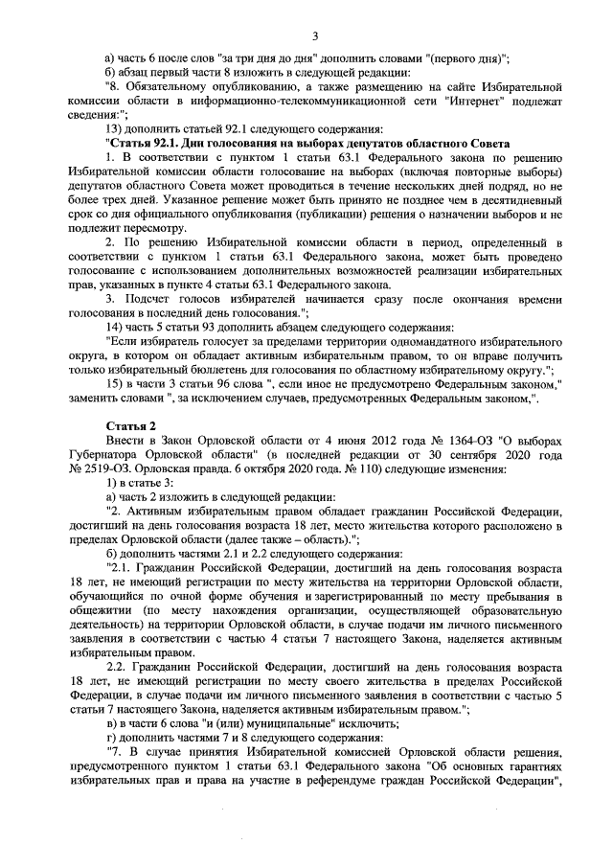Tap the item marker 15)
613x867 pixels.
click(115, 384)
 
